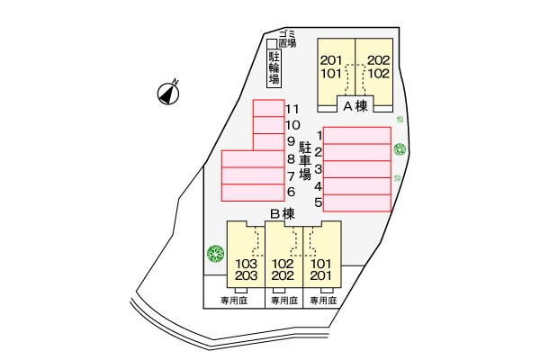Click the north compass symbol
point(167,90)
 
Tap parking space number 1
point(356,135)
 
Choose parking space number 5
point(356,202)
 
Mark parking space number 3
point(356,168)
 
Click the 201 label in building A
point(331,61)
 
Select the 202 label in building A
point(378,61)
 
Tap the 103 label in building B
point(246,263)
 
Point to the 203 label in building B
point(246,275)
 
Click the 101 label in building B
point(322,263)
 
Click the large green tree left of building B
point(214,254)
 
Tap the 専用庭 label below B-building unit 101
point(323,301)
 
